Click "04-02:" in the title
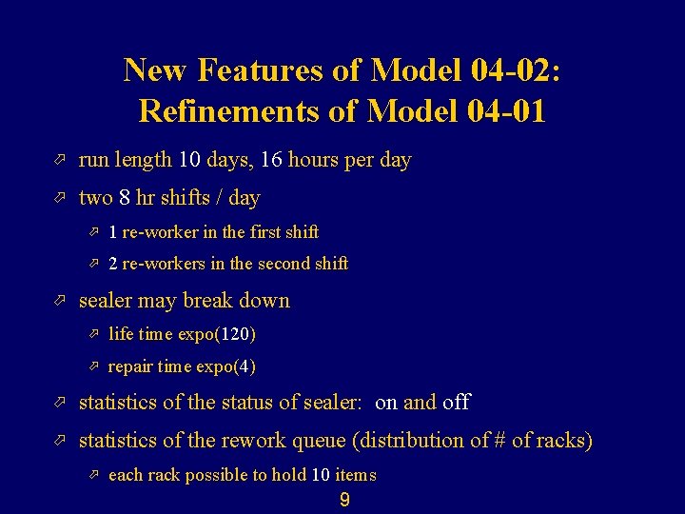(x=515, y=69)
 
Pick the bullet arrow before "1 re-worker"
(x=93, y=231)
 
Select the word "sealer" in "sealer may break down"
(x=106, y=301)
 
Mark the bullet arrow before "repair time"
(x=93, y=366)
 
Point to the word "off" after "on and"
(x=456, y=402)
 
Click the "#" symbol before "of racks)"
(x=500, y=441)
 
